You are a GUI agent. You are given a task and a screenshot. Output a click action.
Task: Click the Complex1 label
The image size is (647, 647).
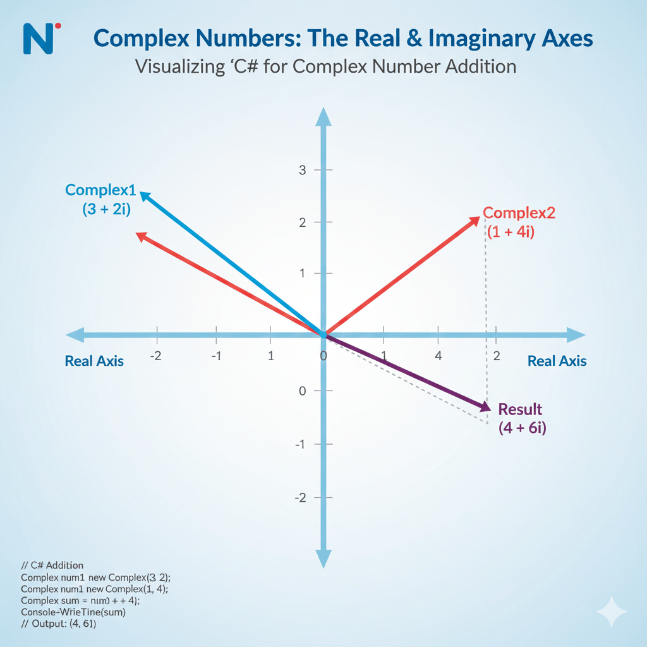[101, 189]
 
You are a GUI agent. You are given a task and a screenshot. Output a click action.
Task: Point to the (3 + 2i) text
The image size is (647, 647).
[106, 209]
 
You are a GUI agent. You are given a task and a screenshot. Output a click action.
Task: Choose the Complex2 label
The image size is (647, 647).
[519, 213]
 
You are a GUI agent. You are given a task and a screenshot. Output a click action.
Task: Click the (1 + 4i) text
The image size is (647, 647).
[511, 232]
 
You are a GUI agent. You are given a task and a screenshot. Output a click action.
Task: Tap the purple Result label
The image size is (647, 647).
[520, 409]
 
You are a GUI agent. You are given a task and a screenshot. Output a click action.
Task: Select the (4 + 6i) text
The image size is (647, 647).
[522, 428]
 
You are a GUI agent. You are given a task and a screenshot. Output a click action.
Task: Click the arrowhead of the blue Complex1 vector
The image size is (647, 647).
[145, 196]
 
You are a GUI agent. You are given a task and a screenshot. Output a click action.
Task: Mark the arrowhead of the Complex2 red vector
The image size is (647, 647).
[474, 221]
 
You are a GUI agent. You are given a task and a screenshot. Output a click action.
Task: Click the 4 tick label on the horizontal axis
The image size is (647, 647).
[438, 356]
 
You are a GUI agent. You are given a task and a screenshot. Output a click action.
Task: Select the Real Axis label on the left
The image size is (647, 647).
[94, 361]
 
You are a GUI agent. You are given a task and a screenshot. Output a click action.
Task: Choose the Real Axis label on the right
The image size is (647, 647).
[557, 361]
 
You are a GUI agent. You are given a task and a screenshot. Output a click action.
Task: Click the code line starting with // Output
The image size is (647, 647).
[58, 624]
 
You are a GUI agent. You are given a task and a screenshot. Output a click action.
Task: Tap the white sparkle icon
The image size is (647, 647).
[612, 612]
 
